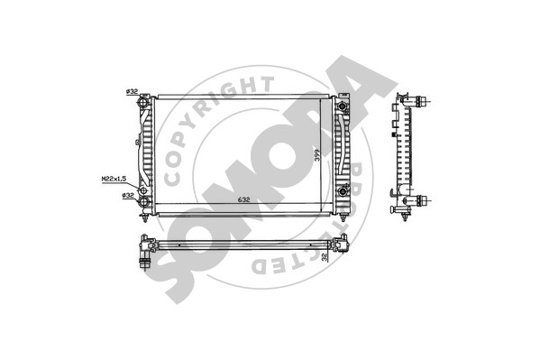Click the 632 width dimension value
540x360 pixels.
(243, 199)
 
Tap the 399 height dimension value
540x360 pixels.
(317, 155)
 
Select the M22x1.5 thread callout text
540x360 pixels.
(114, 179)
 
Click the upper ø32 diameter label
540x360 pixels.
(132, 91)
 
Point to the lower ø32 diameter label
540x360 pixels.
(128, 195)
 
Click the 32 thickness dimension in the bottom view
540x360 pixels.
(324, 257)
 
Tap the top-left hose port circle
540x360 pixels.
(144, 103)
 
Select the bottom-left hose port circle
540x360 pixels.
(144, 201)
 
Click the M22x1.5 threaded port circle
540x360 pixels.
(143, 190)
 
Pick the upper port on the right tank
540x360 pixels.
(342, 106)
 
